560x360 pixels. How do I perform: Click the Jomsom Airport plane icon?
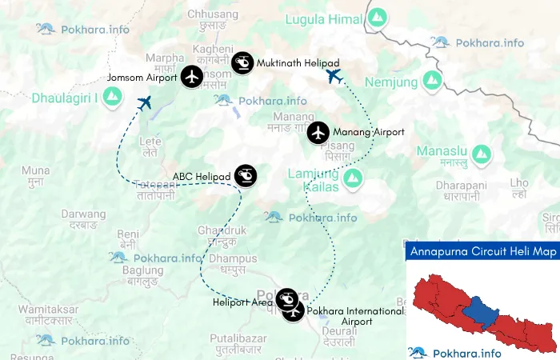[x=192, y=77]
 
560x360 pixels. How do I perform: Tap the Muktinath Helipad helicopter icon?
[x=242, y=62]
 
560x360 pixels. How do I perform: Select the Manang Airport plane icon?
[x=318, y=132]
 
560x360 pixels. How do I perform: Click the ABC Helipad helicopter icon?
[x=246, y=176]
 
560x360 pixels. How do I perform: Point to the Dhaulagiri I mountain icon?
[x=113, y=98]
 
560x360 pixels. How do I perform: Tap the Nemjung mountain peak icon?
[x=432, y=80]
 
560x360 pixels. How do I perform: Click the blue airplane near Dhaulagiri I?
[x=145, y=103]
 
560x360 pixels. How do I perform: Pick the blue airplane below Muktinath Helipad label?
[x=334, y=77]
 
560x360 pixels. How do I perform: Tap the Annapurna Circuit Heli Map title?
[x=482, y=251]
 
